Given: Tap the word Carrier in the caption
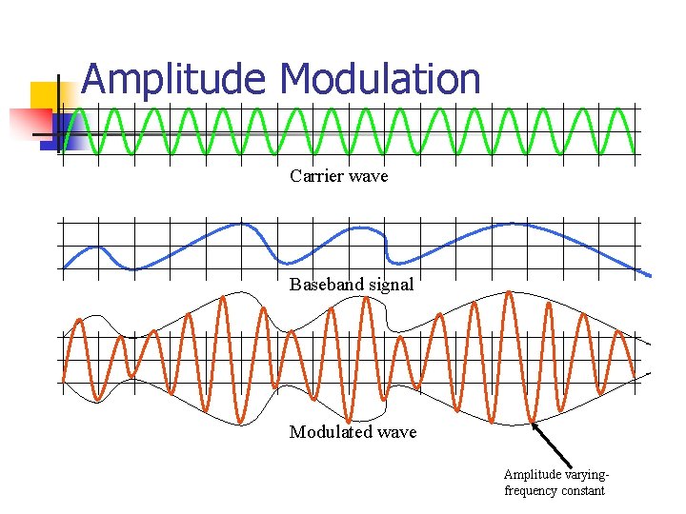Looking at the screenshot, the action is pos(316,176).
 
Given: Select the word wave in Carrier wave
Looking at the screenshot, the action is pos(370,177).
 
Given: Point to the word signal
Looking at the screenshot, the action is pos(391,285).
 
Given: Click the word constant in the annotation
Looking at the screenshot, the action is pos(584,491).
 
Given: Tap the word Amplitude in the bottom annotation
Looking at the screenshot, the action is pos(534,475).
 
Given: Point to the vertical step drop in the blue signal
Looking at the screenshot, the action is pos(386,245).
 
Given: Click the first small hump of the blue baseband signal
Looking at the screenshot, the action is pos(95,248).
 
